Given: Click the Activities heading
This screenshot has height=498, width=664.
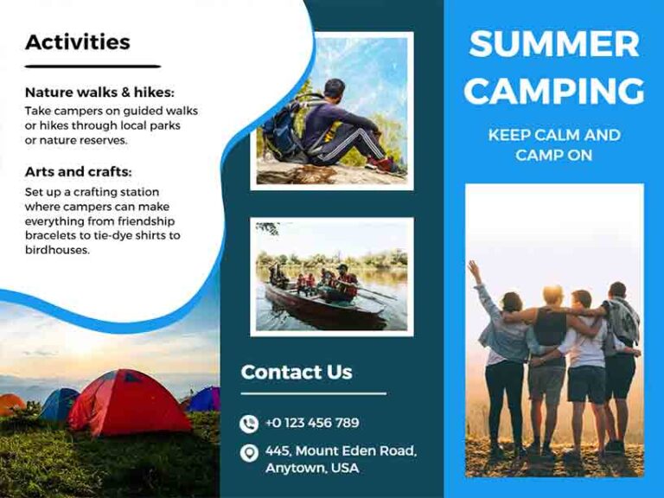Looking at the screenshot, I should pos(78,41).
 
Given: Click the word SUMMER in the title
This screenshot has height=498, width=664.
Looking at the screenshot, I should pos(554,44).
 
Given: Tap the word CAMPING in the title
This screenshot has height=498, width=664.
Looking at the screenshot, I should pos(554,90).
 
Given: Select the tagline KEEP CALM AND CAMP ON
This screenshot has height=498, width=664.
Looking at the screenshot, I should pos(554,145).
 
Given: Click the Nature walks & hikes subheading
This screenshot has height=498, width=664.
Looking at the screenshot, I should pos(99,93).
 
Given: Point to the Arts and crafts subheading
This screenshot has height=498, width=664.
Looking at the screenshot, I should pos(78,172).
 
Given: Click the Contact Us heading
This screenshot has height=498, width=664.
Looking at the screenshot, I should pos(297,373).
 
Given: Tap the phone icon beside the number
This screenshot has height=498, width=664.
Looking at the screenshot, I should pos(249,424).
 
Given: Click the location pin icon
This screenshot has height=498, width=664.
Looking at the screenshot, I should pos(249,453).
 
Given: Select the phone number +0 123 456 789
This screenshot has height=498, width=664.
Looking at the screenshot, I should pos(312,423).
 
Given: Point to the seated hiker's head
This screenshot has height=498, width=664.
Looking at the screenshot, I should pos(334,87).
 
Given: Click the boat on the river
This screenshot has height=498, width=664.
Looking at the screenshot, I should pos(324,303).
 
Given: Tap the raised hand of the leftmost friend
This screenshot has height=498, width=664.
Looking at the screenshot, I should pos(473,270).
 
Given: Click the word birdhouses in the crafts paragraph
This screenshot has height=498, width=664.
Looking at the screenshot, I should pos(58,251).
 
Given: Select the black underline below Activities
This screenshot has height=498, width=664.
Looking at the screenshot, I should pos(93,66).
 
